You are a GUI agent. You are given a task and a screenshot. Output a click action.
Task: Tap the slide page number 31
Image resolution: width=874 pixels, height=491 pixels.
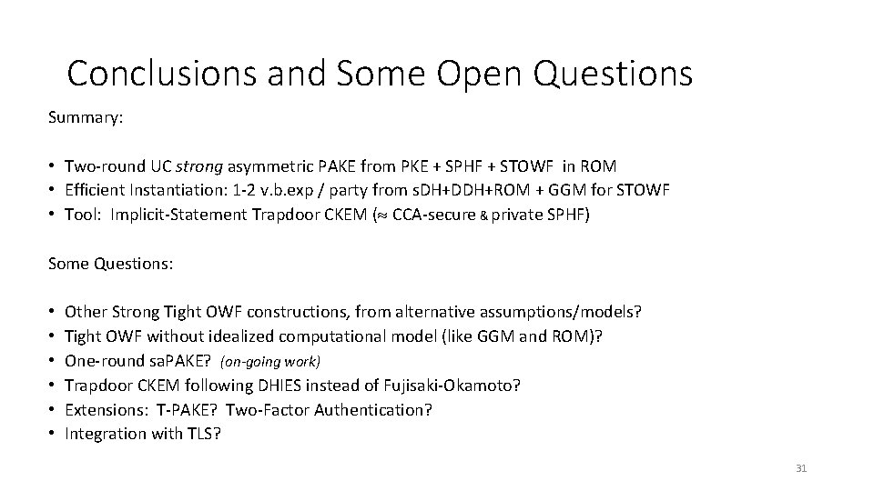point(801,468)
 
